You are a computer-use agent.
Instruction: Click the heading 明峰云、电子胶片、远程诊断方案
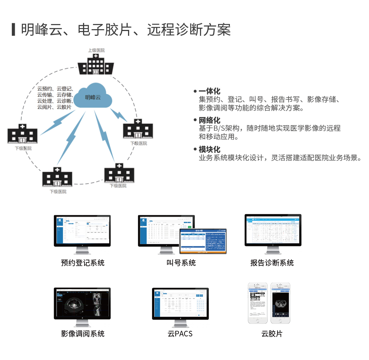pos(125,30)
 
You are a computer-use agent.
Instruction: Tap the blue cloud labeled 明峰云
pos(93,97)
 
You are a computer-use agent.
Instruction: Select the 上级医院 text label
pos(96,50)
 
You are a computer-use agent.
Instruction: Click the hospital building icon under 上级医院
pos(96,65)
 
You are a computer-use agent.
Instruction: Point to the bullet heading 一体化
pos(209,91)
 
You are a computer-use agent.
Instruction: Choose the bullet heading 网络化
pos(209,120)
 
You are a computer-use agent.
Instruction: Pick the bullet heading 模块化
pos(209,149)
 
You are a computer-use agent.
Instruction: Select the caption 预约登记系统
pos(83,263)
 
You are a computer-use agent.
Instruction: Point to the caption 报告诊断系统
pos(272,263)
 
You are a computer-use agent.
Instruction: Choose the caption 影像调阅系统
pos(83,334)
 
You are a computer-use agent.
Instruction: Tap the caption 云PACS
pos(180,334)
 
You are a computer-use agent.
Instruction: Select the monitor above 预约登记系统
pos(82,230)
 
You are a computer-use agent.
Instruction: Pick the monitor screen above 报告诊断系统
pos(273,230)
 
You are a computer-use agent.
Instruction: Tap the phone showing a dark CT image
pos(280,303)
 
